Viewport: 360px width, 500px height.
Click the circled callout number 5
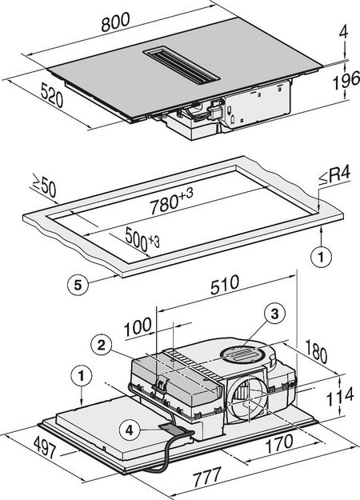click(x=74, y=282)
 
